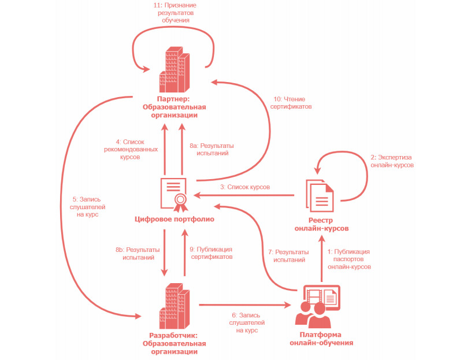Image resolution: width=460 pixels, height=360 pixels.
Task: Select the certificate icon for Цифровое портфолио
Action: click(175, 193)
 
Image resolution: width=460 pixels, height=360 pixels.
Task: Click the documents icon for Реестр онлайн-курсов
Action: click(319, 196)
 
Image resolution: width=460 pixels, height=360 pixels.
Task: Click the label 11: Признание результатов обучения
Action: click(173, 12)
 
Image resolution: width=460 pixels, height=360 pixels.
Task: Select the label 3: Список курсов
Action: click(245, 187)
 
